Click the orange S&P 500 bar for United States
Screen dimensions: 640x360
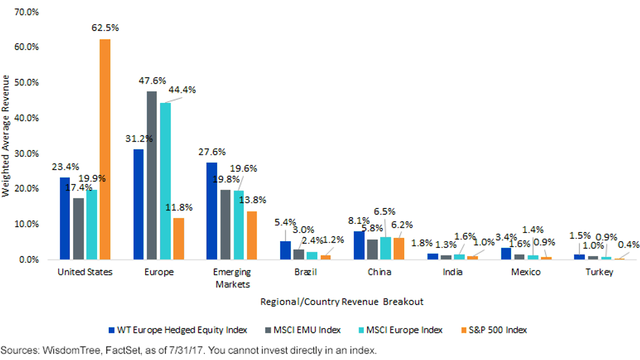click(x=105, y=149)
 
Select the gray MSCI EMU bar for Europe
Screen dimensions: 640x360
click(x=151, y=175)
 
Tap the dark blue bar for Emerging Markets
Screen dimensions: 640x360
click(x=212, y=211)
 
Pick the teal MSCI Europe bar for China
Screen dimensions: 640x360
click(x=386, y=249)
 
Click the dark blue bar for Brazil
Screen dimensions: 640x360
click(x=285, y=250)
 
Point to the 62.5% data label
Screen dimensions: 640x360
click(x=105, y=28)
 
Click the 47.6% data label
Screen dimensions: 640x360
click(x=153, y=81)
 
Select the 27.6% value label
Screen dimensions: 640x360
click(x=212, y=152)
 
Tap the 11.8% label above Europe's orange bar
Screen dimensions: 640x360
click(x=179, y=207)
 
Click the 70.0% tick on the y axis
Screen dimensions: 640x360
click(x=26, y=12)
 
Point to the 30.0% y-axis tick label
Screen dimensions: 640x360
click(x=26, y=154)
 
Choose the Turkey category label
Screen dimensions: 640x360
click(x=599, y=272)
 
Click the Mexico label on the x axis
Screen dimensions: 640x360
click(x=526, y=272)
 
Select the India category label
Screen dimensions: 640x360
click(x=453, y=271)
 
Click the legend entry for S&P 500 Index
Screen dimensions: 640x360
click(x=494, y=330)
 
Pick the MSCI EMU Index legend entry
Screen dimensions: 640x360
click(x=303, y=330)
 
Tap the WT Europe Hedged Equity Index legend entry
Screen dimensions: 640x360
click(x=178, y=330)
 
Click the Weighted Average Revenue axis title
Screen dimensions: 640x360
click(x=5, y=136)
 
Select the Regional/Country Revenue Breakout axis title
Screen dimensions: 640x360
click(x=342, y=302)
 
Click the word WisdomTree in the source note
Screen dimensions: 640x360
click(x=71, y=350)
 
